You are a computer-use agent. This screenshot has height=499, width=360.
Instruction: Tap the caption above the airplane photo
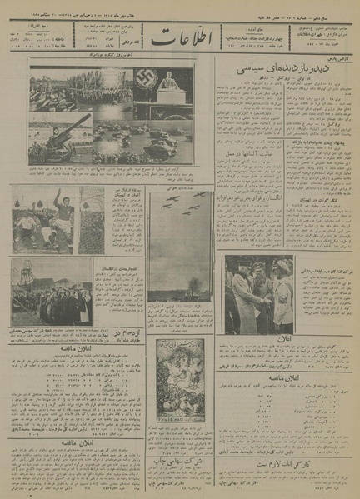click(179, 190)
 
